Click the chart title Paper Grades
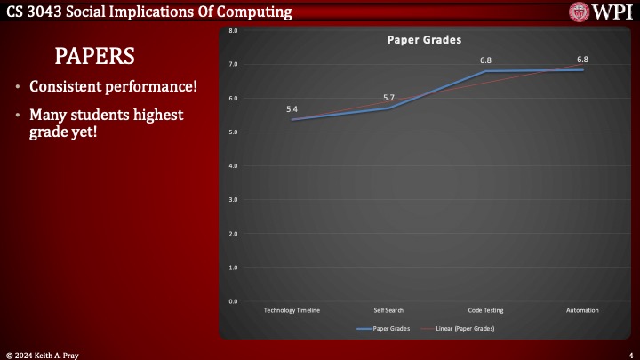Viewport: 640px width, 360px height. pos(430,40)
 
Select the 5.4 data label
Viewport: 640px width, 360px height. pos(292,108)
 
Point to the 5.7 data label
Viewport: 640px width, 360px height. pos(388,98)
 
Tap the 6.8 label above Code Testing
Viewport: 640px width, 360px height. pos(485,60)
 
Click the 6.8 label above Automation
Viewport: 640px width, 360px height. pos(582,60)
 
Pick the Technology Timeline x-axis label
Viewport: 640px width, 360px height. pos(292,310)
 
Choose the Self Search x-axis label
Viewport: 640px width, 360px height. pos(388,310)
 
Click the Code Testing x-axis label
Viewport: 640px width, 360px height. pos(485,310)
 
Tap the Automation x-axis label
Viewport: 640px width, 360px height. pos(582,310)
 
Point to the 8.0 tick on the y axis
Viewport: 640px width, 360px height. pos(233,30)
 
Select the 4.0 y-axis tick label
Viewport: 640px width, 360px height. pos(233,166)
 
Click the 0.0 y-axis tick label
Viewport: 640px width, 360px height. pos(233,301)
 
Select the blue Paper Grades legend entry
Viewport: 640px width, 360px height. pos(381,329)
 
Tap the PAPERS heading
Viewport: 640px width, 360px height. pos(95,56)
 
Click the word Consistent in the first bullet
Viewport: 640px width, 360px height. pos(67,88)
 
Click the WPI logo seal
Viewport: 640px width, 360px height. pos(580,12)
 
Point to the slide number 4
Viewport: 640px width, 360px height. pos(630,355)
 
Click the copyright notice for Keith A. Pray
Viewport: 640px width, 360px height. pos(44,355)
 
